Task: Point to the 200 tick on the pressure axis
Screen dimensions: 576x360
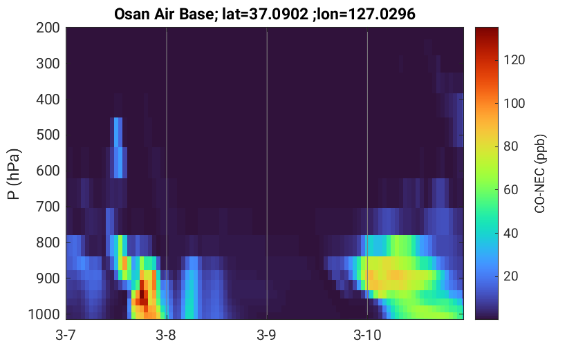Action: pos(48,28)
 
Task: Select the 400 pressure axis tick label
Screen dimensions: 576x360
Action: pos(48,100)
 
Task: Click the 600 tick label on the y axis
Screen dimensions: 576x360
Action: pos(48,171)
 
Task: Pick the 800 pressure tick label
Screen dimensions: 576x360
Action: pos(48,243)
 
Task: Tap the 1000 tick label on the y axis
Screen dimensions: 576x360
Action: pos(44,314)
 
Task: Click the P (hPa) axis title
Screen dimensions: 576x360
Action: pos(14,174)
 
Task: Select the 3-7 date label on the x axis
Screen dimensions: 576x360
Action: pos(66,335)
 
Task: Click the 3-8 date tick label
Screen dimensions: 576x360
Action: pos(166,335)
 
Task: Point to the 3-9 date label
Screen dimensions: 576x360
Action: pos(266,335)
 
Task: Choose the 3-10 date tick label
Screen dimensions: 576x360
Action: pos(367,335)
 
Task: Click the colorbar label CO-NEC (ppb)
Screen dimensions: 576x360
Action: pos(539,173)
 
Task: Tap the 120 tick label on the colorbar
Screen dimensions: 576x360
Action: pos(514,60)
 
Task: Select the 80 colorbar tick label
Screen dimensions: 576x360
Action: pos(510,146)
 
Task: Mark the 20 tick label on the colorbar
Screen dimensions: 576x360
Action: pos(510,276)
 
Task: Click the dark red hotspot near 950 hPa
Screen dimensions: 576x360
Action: pos(142,294)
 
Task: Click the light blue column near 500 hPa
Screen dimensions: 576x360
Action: pos(118,147)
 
